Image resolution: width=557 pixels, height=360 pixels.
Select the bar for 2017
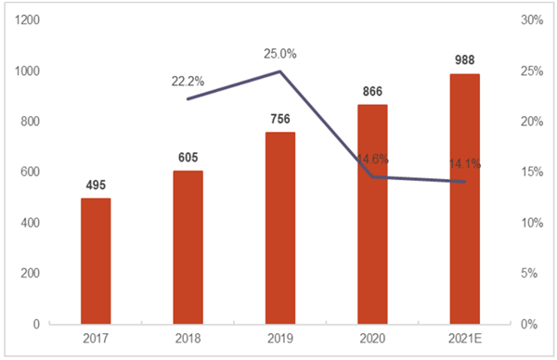[96, 262]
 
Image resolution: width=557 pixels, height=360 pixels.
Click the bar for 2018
[188, 248]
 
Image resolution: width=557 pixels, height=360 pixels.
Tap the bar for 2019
[279, 228]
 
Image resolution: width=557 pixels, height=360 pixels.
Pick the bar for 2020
[372, 214]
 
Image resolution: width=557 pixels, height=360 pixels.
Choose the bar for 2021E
[464, 199]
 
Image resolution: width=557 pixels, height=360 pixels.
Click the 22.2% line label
[188, 81]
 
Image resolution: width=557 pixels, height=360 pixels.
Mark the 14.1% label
[464, 166]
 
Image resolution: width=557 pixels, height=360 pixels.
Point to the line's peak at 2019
[279, 71]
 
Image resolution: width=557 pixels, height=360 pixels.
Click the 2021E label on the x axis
[464, 339]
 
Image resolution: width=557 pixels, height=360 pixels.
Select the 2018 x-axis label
[188, 339]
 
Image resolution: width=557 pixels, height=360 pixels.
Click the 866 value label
[372, 93]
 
